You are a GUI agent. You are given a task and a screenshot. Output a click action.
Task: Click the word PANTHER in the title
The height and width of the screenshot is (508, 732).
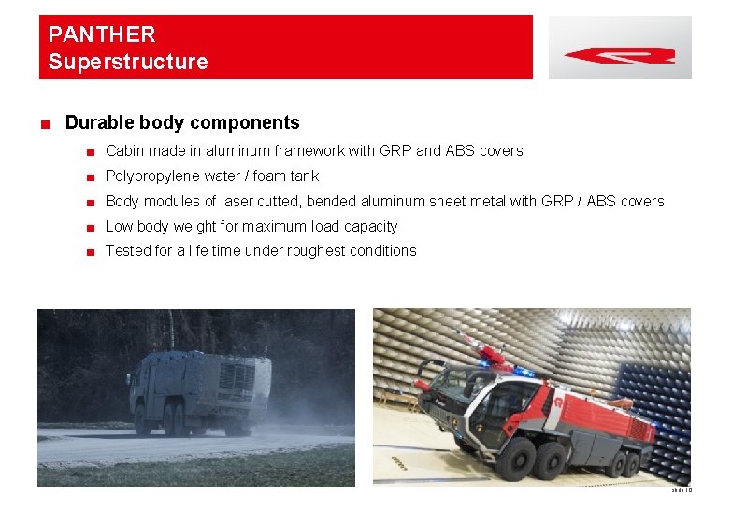[102, 35]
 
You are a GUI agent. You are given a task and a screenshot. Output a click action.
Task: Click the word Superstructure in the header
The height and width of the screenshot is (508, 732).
[128, 63]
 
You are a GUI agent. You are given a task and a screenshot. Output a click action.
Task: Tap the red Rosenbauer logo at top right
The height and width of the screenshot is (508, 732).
[620, 55]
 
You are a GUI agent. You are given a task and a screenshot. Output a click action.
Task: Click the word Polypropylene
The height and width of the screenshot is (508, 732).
[151, 176]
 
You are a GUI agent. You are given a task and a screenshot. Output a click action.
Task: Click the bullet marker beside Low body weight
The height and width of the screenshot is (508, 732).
[90, 227]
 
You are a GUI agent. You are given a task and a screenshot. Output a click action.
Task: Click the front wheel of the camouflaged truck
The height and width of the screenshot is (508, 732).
[143, 421]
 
